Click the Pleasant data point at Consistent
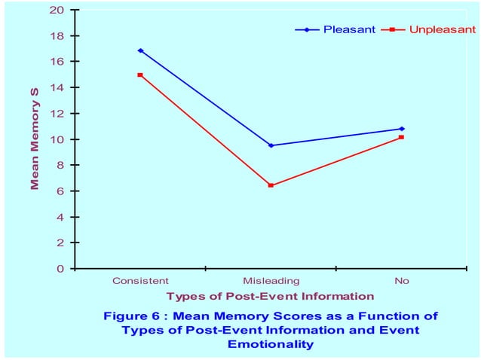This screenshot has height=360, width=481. pyautogui.click(x=140, y=50)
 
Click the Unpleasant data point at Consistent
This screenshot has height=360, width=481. pyautogui.click(x=140, y=75)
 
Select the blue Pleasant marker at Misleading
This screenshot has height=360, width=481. pyautogui.click(x=271, y=145)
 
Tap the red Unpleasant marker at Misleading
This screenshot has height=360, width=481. pyautogui.click(x=271, y=185)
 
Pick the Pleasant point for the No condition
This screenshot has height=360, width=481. pyautogui.click(x=402, y=129)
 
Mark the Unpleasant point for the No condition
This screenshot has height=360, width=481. pyautogui.click(x=402, y=137)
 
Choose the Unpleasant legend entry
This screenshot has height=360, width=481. pyautogui.click(x=442, y=29)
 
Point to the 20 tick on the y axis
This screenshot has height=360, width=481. pyautogui.click(x=57, y=10)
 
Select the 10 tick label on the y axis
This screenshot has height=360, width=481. pyautogui.click(x=57, y=139)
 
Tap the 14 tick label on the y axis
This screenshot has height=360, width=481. pyautogui.click(x=57, y=87)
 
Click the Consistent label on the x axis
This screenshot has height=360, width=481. pyautogui.click(x=140, y=281)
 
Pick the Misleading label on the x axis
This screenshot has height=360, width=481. pyautogui.click(x=271, y=281)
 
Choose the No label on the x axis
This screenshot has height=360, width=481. pyautogui.click(x=402, y=281)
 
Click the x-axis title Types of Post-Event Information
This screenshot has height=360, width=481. pyautogui.click(x=270, y=296)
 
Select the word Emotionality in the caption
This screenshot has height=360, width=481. pyautogui.click(x=270, y=344)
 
